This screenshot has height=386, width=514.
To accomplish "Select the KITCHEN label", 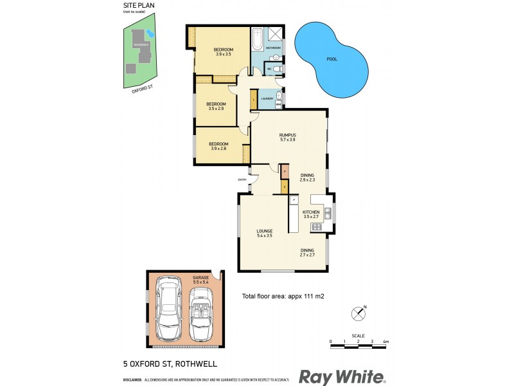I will pyautogui.click(x=311, y=212).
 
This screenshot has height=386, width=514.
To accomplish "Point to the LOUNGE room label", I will pyautogui.click(x=265, y=231).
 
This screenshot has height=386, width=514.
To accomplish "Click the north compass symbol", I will pyautogui.click(x=358, y=313).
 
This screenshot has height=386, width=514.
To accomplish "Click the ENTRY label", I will pyautogui.click(x=242, y=179).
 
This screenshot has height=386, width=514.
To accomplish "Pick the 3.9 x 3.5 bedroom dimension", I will pyautogui.click(x=224, y=55).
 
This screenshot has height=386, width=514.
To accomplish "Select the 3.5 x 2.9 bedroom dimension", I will pyautogui.click(x=217, y=109).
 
